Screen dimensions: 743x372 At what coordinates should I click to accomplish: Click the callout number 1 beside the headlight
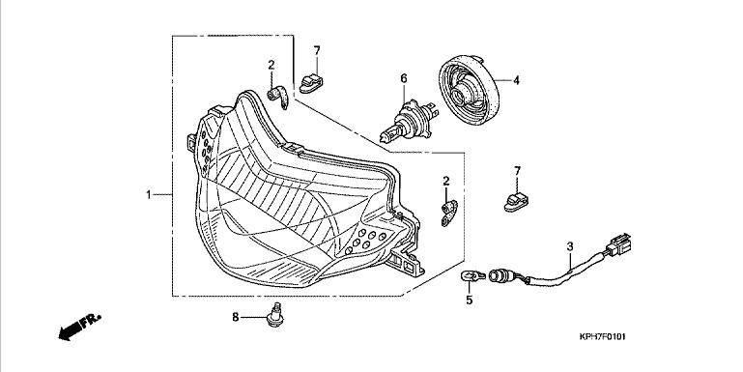coord(149,195)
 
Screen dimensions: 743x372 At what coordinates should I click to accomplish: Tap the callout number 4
coord(516,81)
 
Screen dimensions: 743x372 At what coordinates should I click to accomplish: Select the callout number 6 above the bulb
coord(404,78)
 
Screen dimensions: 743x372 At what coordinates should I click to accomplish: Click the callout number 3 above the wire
coord(570,246)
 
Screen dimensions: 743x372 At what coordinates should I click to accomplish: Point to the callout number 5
coord(470,300)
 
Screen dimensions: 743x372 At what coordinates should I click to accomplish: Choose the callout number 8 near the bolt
coord(236,318)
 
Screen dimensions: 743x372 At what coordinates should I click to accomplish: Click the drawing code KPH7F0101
coord(602,337)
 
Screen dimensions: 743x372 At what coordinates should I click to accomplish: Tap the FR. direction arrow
coord(79,326)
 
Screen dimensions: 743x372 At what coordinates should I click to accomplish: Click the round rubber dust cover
coord(469,90)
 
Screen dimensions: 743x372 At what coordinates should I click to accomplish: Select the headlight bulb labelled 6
coord(409,120)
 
